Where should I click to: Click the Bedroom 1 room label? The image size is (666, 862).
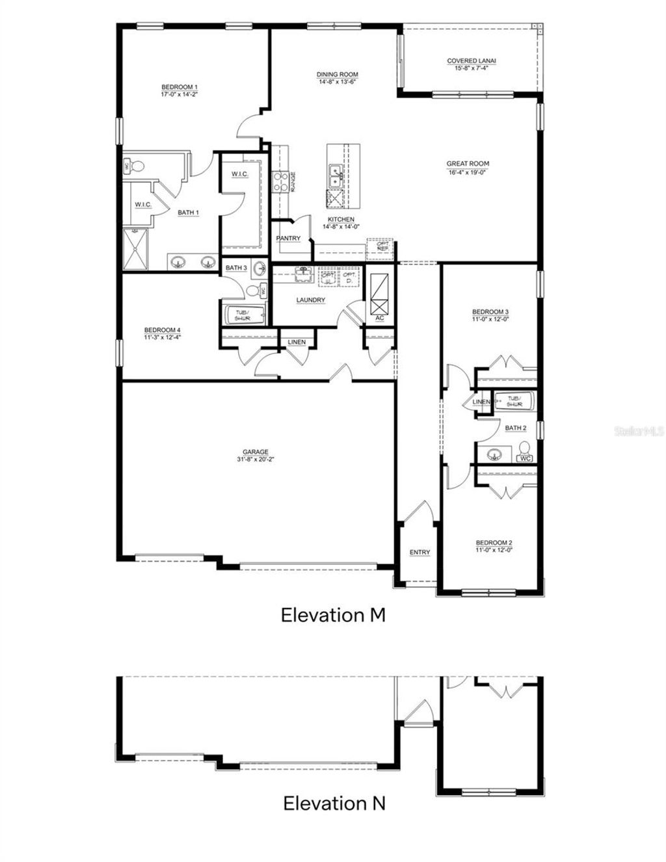[x=179, y=87]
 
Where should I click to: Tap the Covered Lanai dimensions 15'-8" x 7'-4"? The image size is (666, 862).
[x=472, y=68]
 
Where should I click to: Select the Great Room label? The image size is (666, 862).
[x=468, y=164]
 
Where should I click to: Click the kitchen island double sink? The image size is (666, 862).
[x=337, y=174]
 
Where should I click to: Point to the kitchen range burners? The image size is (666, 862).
[x=280, y=181]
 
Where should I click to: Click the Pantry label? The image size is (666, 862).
[x=288, y=239]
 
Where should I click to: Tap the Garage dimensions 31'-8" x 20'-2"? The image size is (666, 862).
[x=256, y=459]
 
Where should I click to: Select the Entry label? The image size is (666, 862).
[x=420, y=553]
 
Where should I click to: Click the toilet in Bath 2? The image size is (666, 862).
[x=524, y=451]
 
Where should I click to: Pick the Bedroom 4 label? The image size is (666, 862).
[x=162, y=330]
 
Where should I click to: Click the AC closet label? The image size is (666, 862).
[x=380, y=318]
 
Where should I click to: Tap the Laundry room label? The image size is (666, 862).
[x=310, y=300]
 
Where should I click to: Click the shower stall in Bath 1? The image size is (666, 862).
[x=136, y=250]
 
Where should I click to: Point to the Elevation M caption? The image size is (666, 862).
[x=333, y=615]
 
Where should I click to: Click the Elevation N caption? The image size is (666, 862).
[x=334, y=803]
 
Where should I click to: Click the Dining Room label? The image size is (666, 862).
[x=337, y=75]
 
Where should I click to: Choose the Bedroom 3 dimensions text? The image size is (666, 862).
[x=490, y=319]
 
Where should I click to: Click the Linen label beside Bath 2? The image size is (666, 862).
[x=481, y=402]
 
